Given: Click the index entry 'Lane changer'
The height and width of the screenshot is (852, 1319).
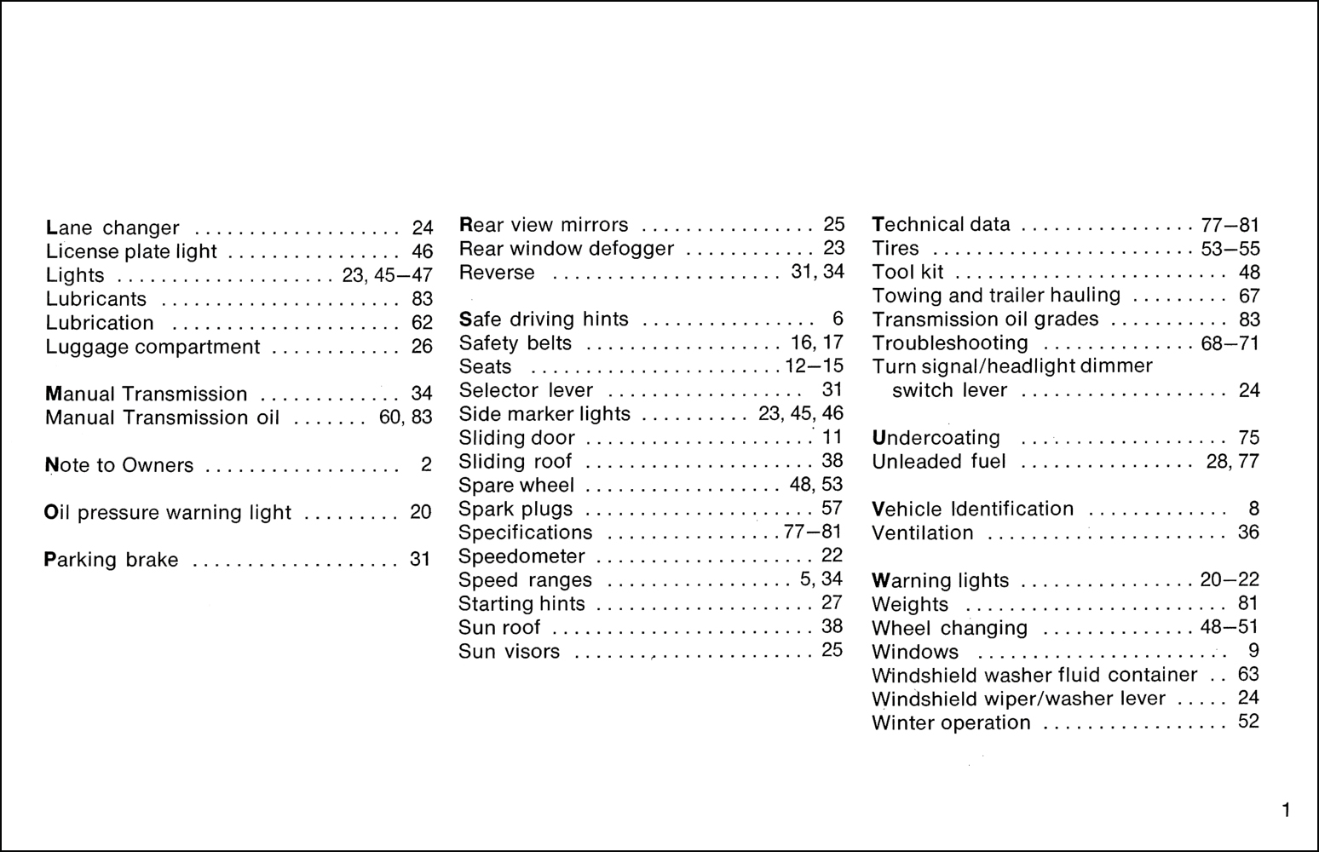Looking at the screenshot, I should pos(112,228).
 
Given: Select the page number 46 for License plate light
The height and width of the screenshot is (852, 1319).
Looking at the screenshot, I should pos(422,252).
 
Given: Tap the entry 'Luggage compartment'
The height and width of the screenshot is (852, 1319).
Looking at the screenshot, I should pos(153,348).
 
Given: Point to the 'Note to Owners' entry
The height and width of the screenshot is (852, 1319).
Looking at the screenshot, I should pos(118,466).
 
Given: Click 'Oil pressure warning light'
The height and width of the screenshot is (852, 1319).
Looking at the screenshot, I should pos(167,513).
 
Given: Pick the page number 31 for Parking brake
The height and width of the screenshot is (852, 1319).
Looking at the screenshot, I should pos(420,560).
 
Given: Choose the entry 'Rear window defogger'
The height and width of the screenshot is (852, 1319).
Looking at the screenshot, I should pos(566,249).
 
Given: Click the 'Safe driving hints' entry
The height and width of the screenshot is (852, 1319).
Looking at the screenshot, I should pos(544,319).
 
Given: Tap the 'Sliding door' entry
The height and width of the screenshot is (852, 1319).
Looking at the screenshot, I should pos(516,438).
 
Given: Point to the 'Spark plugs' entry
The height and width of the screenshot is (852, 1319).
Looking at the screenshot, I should pos(516,509).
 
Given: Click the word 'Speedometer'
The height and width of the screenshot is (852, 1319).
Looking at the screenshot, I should pos(521,556).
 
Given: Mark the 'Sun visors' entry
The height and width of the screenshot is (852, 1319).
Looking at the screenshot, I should pos(509,652).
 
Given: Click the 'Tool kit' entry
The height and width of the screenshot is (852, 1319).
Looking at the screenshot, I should pos(907,273).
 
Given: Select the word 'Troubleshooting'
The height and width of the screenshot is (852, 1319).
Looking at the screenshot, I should pos(950,343).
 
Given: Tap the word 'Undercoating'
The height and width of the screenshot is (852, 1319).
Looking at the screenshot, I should pos(936,438).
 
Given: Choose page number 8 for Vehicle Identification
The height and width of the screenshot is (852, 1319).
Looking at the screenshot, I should pos(1253,509).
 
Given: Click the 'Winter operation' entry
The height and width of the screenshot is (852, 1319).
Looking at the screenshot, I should pos(951,723).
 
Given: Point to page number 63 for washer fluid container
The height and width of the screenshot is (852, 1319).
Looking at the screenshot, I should pos(1248,675).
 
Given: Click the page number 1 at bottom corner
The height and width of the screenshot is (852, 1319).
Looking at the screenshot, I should pos(1286,810).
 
